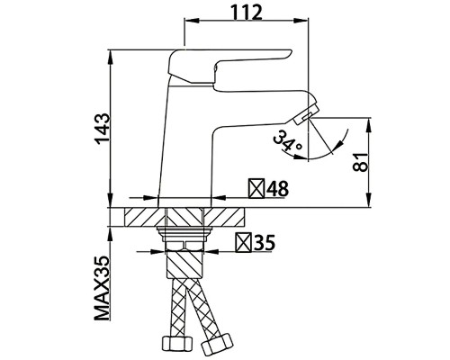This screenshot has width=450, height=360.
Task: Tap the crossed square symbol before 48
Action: [x=255, y=190]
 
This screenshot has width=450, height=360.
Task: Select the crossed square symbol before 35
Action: [x=242, y=242]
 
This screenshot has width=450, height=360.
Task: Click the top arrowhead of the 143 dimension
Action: [x=111, y=52]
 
